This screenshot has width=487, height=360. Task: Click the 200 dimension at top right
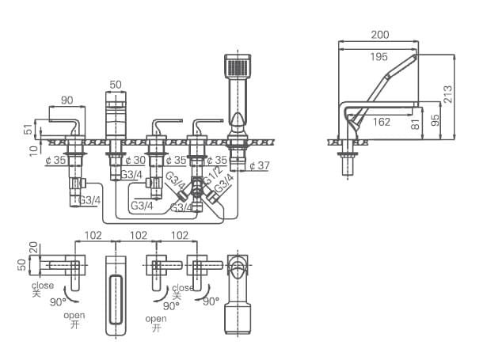coord(379,35)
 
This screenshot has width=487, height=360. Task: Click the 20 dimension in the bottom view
coord(32,248)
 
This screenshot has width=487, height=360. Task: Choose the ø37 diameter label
coord(259,165)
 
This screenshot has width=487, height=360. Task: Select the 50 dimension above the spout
coord(116,84)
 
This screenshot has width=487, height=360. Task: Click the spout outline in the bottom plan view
coord(116,294)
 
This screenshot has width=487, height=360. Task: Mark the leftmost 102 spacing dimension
coord(94,235)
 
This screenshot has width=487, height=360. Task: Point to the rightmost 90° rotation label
coord(211,301)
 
